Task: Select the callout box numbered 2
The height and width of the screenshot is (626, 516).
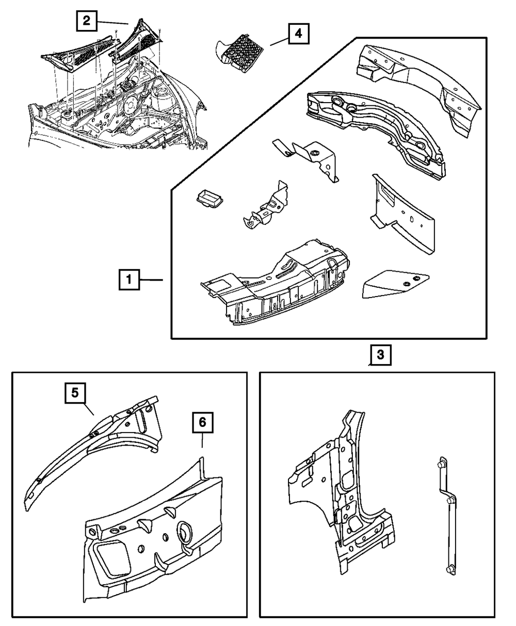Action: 86,21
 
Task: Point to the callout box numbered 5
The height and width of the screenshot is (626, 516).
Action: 75,393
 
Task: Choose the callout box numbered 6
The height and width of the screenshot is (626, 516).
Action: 202,423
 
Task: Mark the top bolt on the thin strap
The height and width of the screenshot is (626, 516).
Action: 442,465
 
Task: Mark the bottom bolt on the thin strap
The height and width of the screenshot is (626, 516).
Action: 448,569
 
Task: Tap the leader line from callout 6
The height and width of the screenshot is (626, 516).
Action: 202,440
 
